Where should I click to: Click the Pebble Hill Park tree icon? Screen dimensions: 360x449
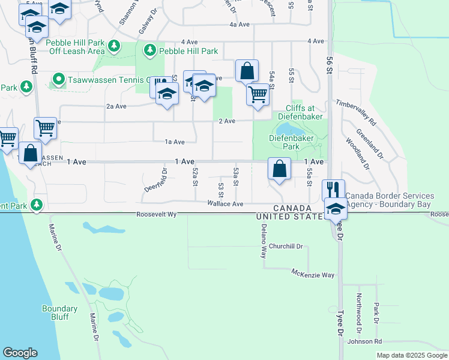click(149, 51)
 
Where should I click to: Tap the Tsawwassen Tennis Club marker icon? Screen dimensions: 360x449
click(58, 79)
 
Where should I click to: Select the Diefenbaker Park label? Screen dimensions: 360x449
click(283, 142)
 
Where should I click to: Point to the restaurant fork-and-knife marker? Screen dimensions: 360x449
click(333, 190)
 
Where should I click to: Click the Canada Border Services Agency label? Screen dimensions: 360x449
click(390, 200)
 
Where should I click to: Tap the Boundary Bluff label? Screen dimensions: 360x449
click(59, 313)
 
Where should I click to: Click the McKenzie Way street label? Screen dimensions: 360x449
click(313, 274)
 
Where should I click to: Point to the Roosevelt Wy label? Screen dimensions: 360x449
click(157, 214)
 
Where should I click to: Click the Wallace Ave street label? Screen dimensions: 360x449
click(225, 204)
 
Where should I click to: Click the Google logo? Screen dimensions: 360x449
click(20, 353)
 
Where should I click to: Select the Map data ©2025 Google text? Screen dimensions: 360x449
click(412, 355)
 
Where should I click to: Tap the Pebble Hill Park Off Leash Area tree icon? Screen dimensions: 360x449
click(113, 45)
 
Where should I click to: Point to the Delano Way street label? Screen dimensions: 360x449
click(263, 241)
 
